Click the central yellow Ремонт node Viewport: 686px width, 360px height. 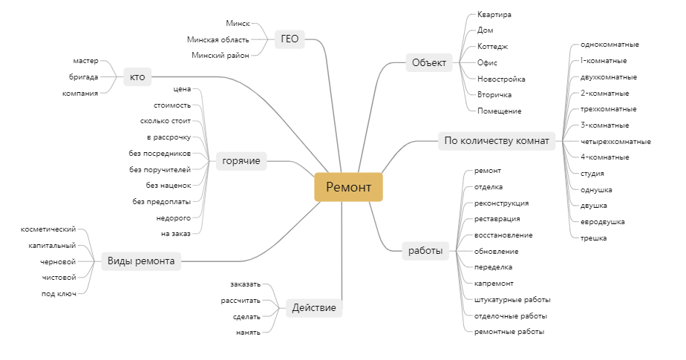tap(348, 186)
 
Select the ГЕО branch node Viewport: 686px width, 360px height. tap(290, 39)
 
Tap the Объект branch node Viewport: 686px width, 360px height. tap(429, 63)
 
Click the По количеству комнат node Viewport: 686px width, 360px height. tap(496, 140)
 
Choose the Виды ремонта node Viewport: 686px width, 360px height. tap(141, 261)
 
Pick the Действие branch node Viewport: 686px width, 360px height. tap(314, 308)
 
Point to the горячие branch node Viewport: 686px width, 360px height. tap(241, 161)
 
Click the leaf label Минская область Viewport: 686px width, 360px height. tap(218, 39)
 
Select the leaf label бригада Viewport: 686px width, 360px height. tap(83, 76)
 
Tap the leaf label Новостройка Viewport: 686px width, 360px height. tap(501, 79)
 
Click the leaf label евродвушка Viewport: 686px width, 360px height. tap(602, 221)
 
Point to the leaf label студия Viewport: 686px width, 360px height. tap(592, 173)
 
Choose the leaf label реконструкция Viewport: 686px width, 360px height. tap(501, 203)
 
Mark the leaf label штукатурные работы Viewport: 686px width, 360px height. tap(512, 299)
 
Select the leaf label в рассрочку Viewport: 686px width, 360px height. tap(169, 137)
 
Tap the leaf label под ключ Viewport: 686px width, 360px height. tap(59, 293)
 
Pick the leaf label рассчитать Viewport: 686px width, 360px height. tap(241, 300)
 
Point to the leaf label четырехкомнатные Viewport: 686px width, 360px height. tap(615, 141)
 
